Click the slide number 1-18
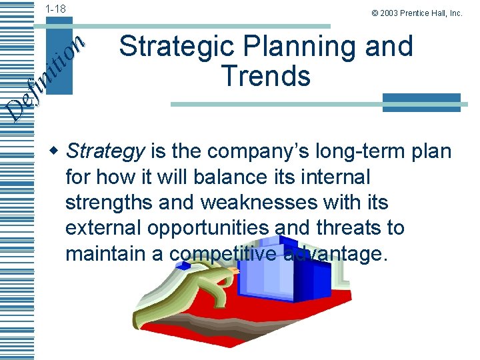(x=55, y=9)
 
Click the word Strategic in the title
(x=172, y=47)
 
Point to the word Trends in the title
(x=266, y=76)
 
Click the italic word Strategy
(x=105, y=152)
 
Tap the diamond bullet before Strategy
(x=57, y=151)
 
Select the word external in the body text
(x=103, y=228)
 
